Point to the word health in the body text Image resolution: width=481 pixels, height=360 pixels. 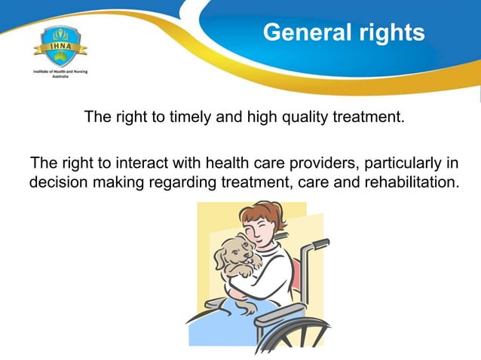coord(225,163)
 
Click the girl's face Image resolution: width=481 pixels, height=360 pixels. coord(265,228)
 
